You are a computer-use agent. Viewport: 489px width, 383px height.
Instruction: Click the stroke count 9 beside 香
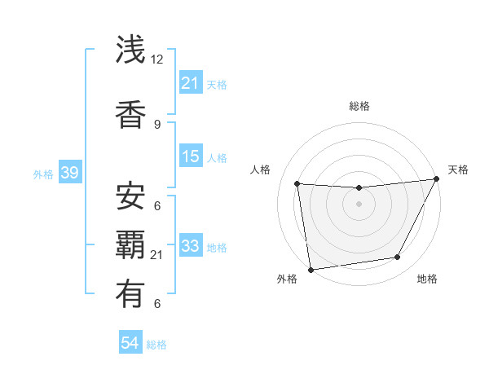156,124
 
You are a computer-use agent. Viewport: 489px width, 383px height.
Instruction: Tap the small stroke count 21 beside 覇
157,255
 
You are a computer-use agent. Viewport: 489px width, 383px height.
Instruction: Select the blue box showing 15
191,156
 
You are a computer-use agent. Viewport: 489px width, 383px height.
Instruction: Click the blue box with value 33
191,246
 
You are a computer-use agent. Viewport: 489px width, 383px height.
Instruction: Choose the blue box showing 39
70,173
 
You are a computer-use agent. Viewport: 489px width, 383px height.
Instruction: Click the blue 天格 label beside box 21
217,85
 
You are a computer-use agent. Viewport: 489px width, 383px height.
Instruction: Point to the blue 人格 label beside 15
217,158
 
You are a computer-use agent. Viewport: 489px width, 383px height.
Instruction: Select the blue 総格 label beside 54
156,346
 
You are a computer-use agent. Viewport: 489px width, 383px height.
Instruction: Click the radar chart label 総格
359,106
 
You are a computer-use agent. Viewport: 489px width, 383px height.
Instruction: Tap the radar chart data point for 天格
437,179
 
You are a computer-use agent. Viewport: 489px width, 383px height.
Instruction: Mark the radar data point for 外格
311,268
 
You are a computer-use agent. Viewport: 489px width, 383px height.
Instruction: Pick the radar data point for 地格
398,258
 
